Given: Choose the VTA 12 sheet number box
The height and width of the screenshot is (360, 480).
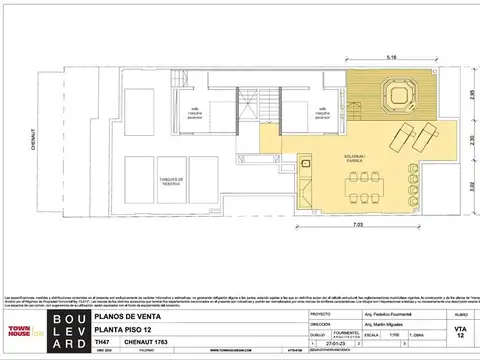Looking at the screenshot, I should tap(459, 330).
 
